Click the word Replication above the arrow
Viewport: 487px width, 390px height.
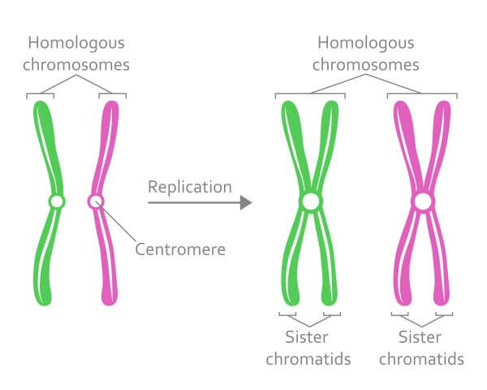190,188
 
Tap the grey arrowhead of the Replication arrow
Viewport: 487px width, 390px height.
246,203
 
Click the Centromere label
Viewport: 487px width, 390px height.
180,249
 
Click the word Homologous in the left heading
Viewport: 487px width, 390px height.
76,43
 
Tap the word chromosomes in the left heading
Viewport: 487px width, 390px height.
76,65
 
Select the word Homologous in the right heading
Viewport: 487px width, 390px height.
366,43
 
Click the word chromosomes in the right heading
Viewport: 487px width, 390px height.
366,65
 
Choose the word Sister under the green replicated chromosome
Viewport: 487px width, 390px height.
307,337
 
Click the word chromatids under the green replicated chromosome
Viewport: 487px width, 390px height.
308,359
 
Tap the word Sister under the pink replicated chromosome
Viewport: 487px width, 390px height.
420,337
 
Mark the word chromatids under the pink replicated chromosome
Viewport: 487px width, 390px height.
421,359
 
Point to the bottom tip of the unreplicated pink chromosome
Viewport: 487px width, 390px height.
110,305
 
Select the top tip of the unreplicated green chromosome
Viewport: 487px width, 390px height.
40,101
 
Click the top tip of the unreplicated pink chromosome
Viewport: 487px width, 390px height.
113,101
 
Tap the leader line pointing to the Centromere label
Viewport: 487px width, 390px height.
116,221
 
